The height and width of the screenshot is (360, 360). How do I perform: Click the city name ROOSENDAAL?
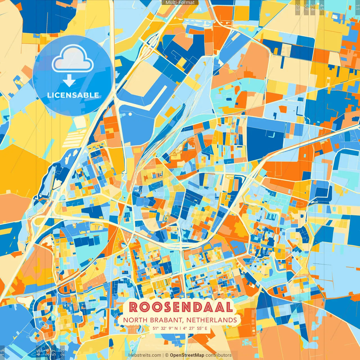coord(181,307)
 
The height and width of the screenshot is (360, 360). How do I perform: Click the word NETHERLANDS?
coord(211,320)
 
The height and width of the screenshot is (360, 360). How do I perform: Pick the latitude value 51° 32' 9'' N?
coord(165,328)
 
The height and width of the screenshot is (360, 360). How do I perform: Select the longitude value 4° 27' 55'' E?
coord(195,328)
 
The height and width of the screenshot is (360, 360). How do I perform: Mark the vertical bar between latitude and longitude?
coord(180,328)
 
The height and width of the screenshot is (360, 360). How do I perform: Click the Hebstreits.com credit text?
coord(145,355)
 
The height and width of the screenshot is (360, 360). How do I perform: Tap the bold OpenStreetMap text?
coord(187,355)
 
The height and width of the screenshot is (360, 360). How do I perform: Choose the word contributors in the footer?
coord(219,355)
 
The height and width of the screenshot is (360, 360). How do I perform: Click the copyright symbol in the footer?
coord(166,355)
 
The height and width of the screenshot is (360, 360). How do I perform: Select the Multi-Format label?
coord(180,3)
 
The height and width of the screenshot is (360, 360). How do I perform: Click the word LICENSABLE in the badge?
coord(73,95)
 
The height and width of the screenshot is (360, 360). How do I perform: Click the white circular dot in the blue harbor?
coord(130,114)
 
